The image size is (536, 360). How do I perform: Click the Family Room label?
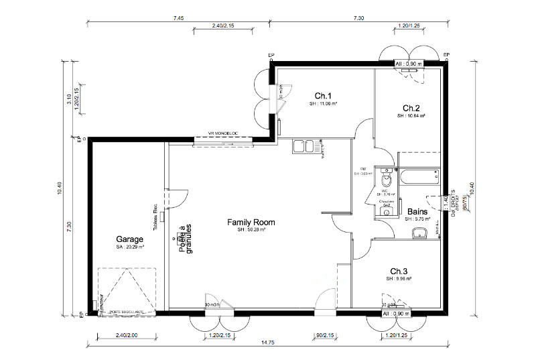(251, 222)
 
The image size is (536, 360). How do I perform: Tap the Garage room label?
(130, 239)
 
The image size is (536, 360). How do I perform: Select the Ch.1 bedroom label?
(323, 96)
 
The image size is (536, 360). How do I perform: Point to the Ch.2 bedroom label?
(411, 108)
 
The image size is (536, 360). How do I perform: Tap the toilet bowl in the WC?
(386, 181)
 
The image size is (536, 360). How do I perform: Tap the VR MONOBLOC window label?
(222, 134)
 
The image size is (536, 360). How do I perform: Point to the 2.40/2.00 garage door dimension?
(127, 335)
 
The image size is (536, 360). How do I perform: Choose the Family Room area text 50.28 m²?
(251, 230)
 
